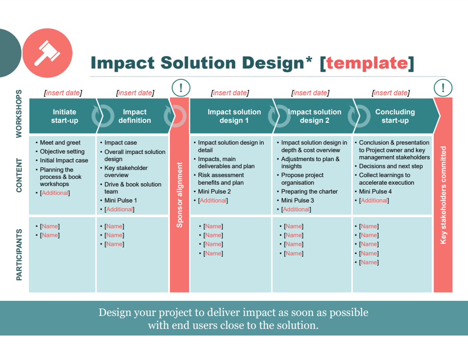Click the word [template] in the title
pyautogui.click(x=367, y=63)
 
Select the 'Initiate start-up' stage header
pyautogui.click(x=65, y=116)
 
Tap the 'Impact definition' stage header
pyautogui.click(x=134, y=116)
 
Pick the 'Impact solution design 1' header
pyautogui.click(x=234, y=116)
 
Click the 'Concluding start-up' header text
pyautogui.click(x=395, y=116)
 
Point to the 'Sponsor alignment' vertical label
pyautogui.click(x=180, y=195)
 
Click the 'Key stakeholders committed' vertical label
pyautogui.click(x=443, y=195)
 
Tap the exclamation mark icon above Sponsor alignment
pyautogui.click(x=181, y=88)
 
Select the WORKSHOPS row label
pyautogui.click(x=19, y=113)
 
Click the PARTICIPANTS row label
pyautogui.click(x=19, y=255)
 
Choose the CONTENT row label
pyautogui.click(x=19, y=175)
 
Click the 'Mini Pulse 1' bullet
pyautogui.click(x=121, y=200)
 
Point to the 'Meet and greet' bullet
pyautogui.click(x=60, y=142)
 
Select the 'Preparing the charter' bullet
pyautogui.click(x=309, y=191)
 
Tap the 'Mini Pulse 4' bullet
pyautogui.click(x=375, y=191)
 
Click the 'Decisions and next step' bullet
pyautogui.click(x=391, y=166)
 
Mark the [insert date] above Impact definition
pyautogui.click(x=135, y=93)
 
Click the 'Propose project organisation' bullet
pyautogui.click(x=302, y=178)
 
